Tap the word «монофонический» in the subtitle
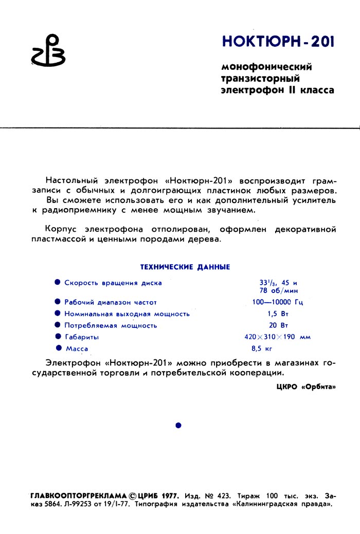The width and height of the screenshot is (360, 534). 266,67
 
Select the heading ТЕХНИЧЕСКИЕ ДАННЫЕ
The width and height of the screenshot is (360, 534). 185,267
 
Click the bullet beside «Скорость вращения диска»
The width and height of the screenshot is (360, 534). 58,282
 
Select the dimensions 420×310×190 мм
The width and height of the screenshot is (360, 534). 278,337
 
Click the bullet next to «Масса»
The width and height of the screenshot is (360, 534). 59,348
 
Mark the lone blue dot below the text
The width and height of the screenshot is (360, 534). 178,425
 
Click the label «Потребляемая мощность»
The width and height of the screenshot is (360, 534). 111,325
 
